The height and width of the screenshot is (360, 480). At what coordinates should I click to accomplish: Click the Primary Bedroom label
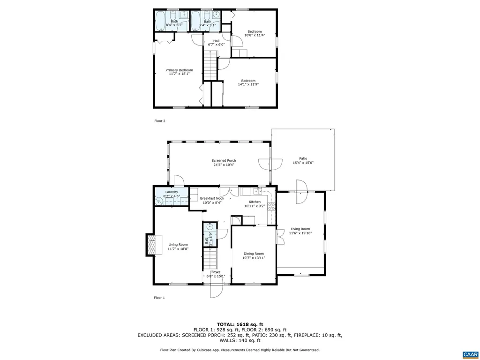click(179, 70)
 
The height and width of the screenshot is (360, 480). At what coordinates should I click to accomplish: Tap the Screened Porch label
click(224, 161)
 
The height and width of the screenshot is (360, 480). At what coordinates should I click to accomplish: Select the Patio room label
click(303, 158)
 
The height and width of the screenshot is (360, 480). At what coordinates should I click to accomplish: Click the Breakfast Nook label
click(212, 198)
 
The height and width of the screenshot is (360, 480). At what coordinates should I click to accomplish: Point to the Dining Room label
click(254, 254)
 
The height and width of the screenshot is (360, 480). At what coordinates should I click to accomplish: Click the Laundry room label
click(171, 192)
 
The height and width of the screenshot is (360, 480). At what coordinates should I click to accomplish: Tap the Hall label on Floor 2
click(216, 41)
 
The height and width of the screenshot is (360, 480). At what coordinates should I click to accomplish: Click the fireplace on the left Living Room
click(150, 244)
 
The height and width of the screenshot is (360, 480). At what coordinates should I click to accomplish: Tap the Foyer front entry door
click(217, 291)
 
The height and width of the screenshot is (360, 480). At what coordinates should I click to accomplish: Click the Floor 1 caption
click(159, 298)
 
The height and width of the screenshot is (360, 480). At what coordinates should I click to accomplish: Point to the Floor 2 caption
click(160, 121)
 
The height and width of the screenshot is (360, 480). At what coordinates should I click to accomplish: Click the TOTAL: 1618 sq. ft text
click(240, 324)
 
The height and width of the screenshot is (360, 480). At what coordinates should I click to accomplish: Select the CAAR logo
click(469, 354)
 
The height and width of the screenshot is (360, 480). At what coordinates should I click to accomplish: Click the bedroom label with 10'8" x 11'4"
click(255, 32)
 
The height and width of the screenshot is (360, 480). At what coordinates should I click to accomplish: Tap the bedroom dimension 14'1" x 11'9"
click(248, 84)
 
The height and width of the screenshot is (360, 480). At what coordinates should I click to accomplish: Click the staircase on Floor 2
click(210, 66)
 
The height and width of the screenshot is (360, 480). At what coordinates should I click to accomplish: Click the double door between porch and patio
click(270, 164)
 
